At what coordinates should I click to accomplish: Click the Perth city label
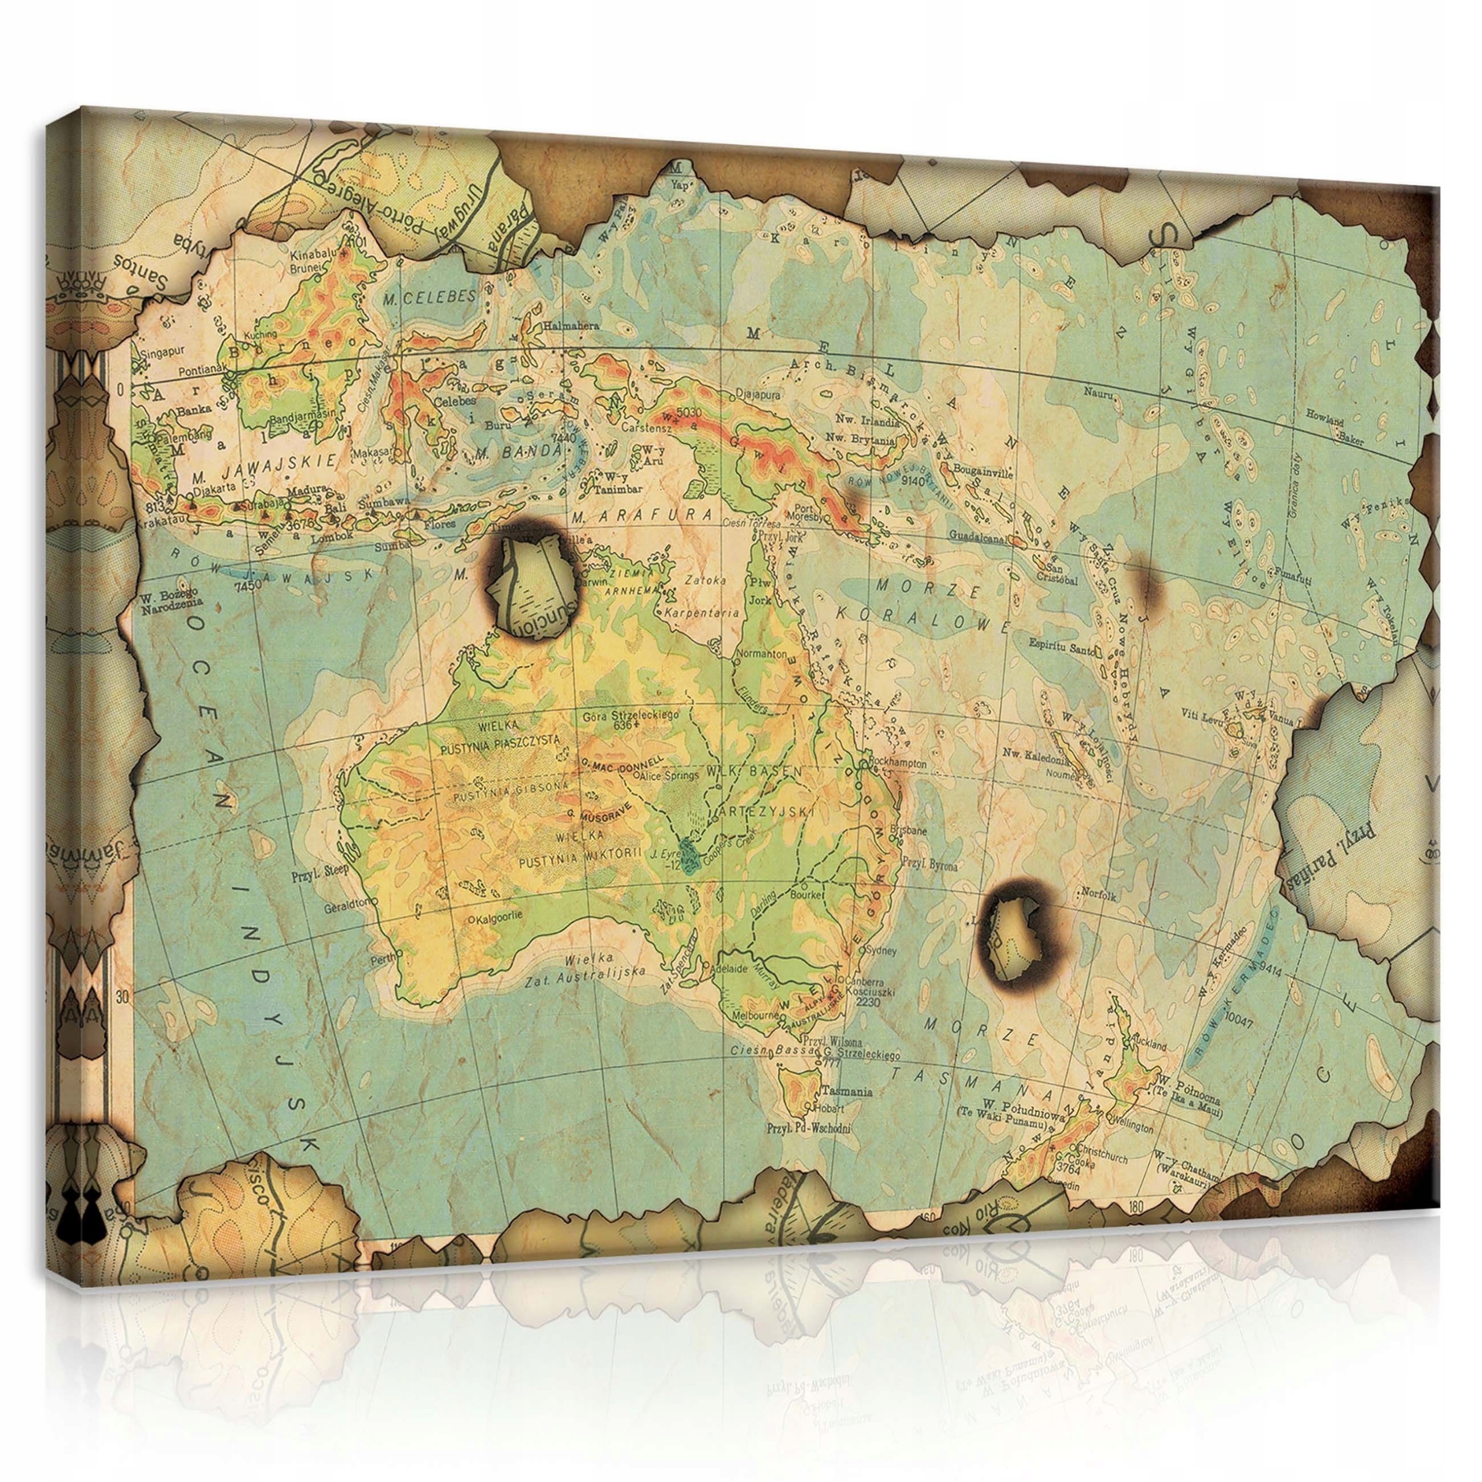[381, 958]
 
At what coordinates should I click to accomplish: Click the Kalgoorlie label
[498, 918]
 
